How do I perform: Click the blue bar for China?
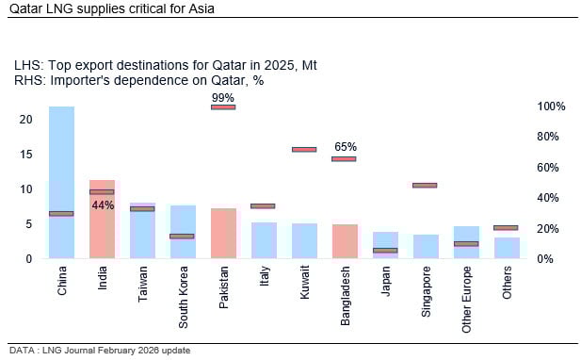click(x=62, y=179)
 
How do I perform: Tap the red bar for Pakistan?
click(x=223, y=234)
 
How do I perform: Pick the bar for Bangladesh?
click(x=345, y=241)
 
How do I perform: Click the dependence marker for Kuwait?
click(x=304, y=149)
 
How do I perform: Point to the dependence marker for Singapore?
click(x=426, y=185)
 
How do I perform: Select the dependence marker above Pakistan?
click(x=223, y=106)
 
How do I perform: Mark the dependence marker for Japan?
click(x=385, y=251)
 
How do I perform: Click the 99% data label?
click(x=223, y=97)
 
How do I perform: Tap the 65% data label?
click(x=346, y=147)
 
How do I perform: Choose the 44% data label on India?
click(x=103, y=205)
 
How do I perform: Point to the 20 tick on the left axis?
click(x=26, y=120)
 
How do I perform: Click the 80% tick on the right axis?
click(x=551, y=137)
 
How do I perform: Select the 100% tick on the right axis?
click(x=551, y=106)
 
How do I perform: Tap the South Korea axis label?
click(x=184, y=298)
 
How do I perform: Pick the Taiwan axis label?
click(x=143, y=284)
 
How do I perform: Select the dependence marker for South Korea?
click(x=183, y=236)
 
